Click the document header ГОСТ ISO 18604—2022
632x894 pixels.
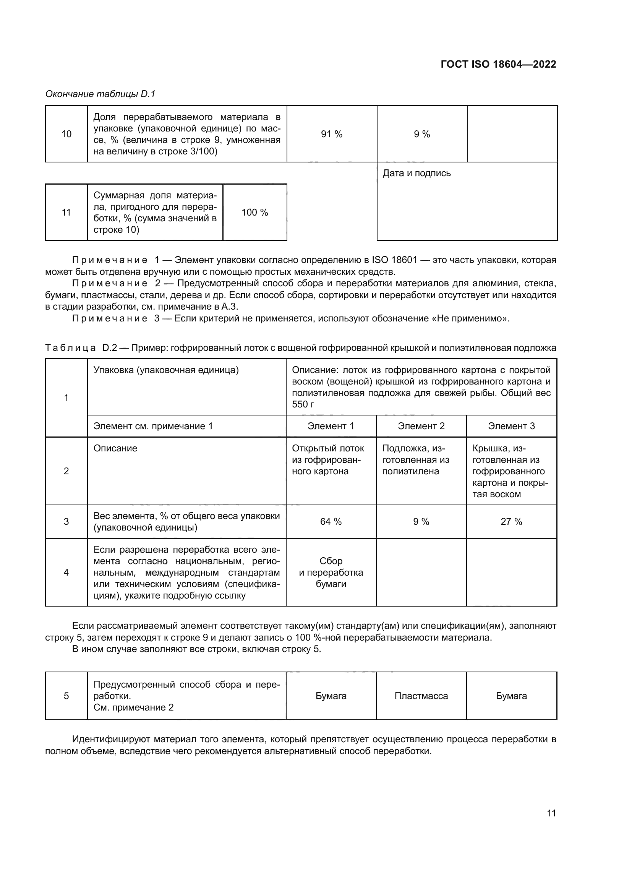point(498,64)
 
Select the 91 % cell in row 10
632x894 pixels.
point(332,134)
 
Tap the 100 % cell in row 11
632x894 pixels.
point(254,212)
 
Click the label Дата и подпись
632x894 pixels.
point(416,173)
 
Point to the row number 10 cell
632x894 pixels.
point(66,134)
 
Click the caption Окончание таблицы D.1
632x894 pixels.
point(100,94)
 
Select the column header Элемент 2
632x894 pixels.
point(421,426)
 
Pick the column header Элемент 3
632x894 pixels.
point(511,426)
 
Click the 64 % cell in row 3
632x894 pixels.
point(331,522)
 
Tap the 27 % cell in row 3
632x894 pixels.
point(511,522)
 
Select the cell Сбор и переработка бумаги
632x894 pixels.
point(331,573)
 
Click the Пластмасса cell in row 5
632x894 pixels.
point(421,696)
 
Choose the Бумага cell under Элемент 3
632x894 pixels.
point(511,696)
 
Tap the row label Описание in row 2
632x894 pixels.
point(115,448)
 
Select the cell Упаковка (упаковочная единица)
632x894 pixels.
point(166,370)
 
